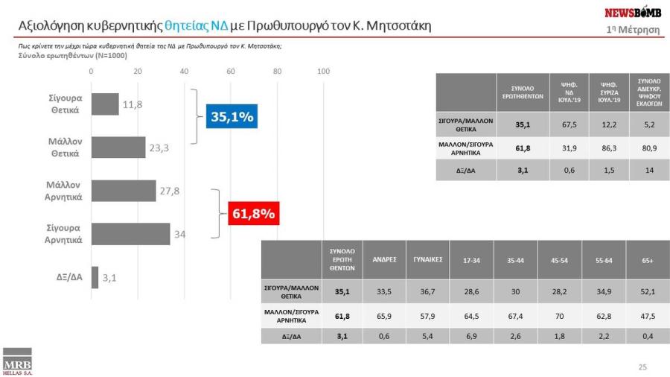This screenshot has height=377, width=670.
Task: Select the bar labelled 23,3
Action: tap(118, 148)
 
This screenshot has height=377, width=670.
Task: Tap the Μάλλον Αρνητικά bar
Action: tap(124, 191)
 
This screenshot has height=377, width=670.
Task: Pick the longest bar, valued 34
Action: tap(131, 234)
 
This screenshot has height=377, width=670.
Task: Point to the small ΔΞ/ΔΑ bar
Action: tap(95, 277)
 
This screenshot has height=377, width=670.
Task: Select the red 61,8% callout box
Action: tap(254, 215)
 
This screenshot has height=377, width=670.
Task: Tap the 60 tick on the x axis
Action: tap(231, 72)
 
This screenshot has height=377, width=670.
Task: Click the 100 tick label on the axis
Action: tap(324, 72)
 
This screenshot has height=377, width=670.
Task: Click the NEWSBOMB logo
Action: tap(632, 13)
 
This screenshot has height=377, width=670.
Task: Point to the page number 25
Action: tap(643, 367)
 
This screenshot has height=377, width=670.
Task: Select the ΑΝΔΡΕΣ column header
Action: tap(385, 260)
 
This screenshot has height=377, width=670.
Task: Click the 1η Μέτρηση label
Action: tap(634, 29)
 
